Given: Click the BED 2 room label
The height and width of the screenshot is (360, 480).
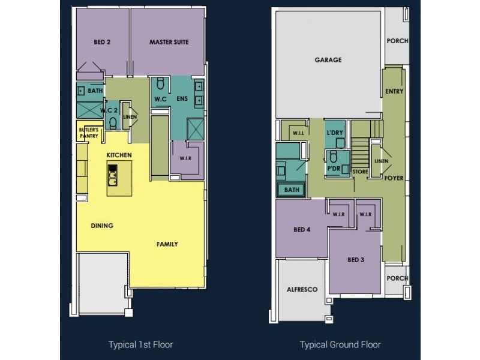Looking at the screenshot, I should (101, 43).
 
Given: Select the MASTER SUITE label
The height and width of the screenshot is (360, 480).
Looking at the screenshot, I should (169, 43).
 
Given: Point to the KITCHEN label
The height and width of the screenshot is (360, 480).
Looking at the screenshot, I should (119, 155).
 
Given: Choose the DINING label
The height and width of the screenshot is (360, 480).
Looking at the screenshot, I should (102, 226).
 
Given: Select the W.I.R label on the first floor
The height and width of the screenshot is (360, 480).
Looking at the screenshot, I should (185, 160).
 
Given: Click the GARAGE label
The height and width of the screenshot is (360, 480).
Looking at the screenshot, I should (328, 60).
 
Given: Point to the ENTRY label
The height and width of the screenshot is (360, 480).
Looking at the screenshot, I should (394, 92).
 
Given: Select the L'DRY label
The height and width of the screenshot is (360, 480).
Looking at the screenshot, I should (334, 132).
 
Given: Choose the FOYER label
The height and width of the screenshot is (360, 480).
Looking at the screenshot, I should (394, 178).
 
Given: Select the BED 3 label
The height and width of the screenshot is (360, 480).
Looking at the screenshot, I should (355, 260).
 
